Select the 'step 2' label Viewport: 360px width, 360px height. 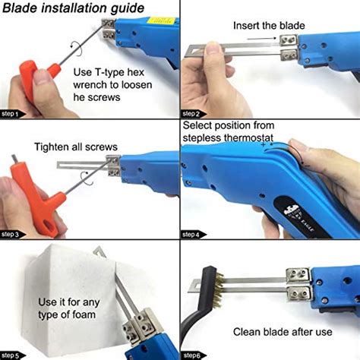coord(193,114)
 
